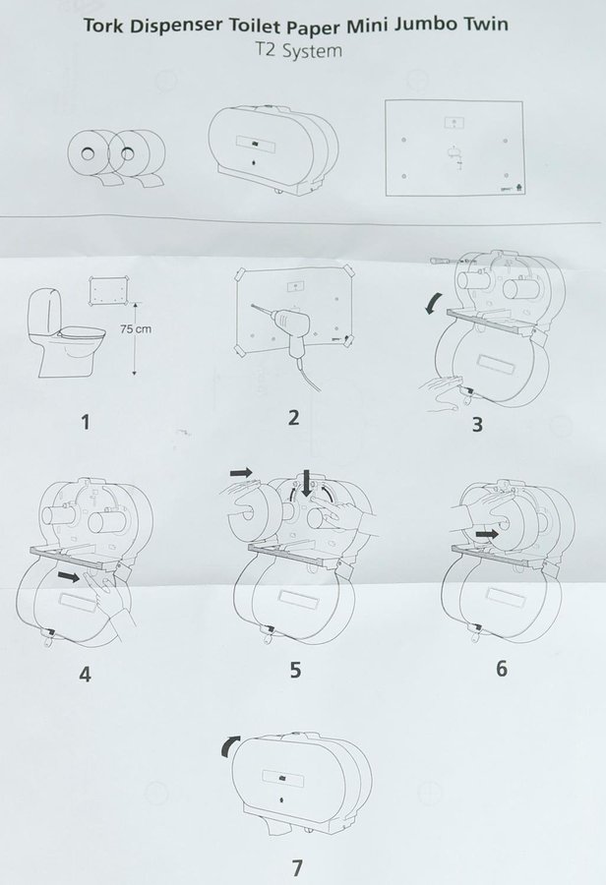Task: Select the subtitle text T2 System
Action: pos(296,51)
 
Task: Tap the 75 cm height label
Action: pos(136,328)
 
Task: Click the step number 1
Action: pos(86,422)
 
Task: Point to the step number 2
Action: pos(293,418)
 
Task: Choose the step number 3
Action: pos(477,425)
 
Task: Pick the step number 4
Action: pos(85,674)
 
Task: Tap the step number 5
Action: pos(295,670)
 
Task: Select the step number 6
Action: pos(502,669)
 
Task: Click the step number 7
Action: pos(297,867)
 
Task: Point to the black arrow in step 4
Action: pos(69,576)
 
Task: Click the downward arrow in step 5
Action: pos(307,482)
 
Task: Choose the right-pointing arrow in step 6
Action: pos(487,533)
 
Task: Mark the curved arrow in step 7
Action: pos(229,745)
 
